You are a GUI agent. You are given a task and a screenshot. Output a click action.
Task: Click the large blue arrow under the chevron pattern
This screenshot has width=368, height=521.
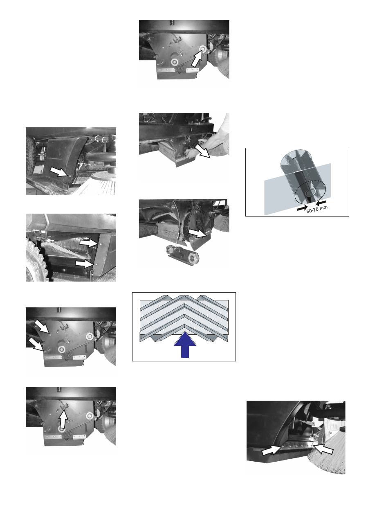pos(185,345)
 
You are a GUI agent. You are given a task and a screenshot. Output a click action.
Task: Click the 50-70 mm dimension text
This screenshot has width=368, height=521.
pos(317,209)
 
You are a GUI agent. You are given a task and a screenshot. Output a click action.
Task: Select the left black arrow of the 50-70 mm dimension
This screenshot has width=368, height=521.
pos(302,209)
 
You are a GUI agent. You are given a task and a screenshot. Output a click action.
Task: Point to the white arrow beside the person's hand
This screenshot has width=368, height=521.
pos(202,151)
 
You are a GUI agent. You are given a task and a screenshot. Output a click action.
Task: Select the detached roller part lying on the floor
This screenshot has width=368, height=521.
pos(182,255)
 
